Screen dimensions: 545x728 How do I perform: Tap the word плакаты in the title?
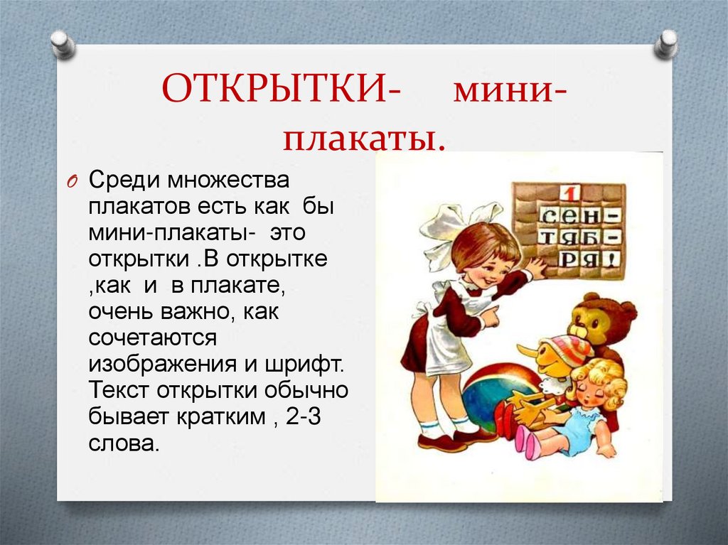click(365, 136)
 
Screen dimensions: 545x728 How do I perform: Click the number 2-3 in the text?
click(304, 417)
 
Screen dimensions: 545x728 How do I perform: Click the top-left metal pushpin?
click(63, 43)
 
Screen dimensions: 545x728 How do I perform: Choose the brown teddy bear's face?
click(597, 320)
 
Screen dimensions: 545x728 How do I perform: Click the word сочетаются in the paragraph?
click(153, 338)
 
